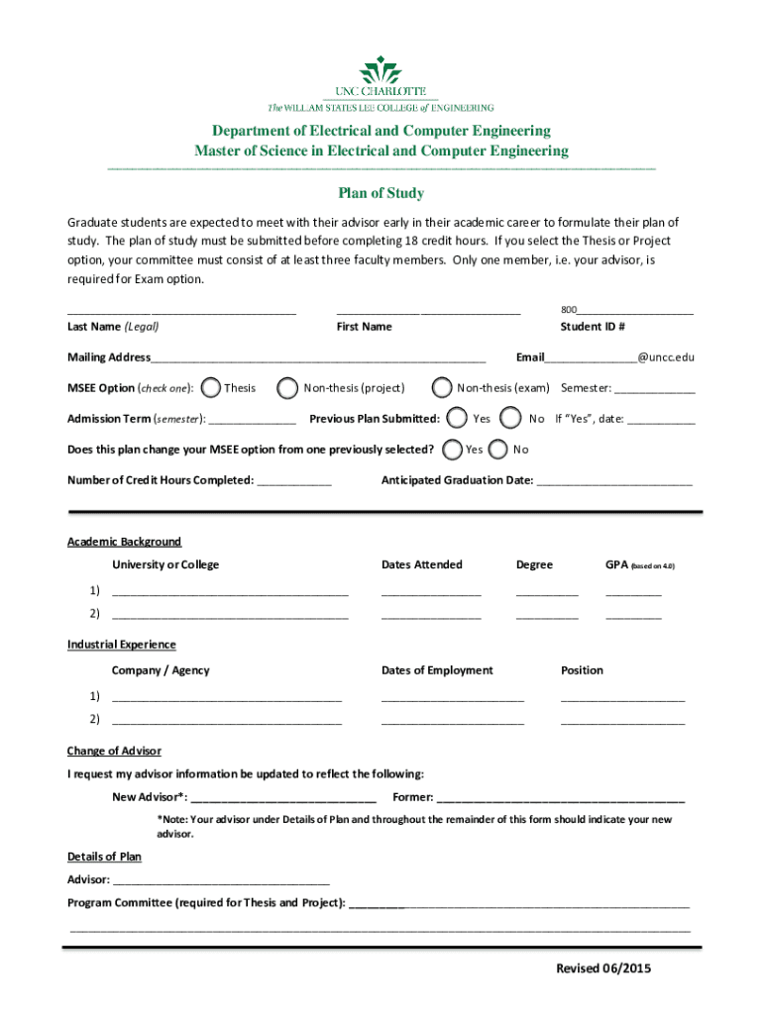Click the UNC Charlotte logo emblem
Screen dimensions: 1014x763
pos(381,70)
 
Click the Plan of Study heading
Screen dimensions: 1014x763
pos(381,193)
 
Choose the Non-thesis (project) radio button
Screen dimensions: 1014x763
pos(287,388)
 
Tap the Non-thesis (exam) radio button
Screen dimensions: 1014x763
pos(442,388)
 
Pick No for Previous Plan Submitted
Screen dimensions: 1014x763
pos(511,418)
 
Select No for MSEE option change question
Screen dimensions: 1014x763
pos(499,449)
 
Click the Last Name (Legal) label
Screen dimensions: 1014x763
pos(113,327)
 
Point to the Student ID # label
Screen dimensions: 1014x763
pos(592,327)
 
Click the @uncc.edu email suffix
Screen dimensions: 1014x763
pos(666,356)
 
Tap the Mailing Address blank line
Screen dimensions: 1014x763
pos(317,358)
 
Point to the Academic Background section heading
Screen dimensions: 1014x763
pos(124,542)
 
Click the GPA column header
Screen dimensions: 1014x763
pos(639,564)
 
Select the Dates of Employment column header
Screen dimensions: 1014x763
pos(437,670)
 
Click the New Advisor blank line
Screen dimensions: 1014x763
pos(282,799)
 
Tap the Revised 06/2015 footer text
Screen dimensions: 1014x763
pos(603,968)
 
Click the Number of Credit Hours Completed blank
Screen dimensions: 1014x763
pos(294,482)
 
